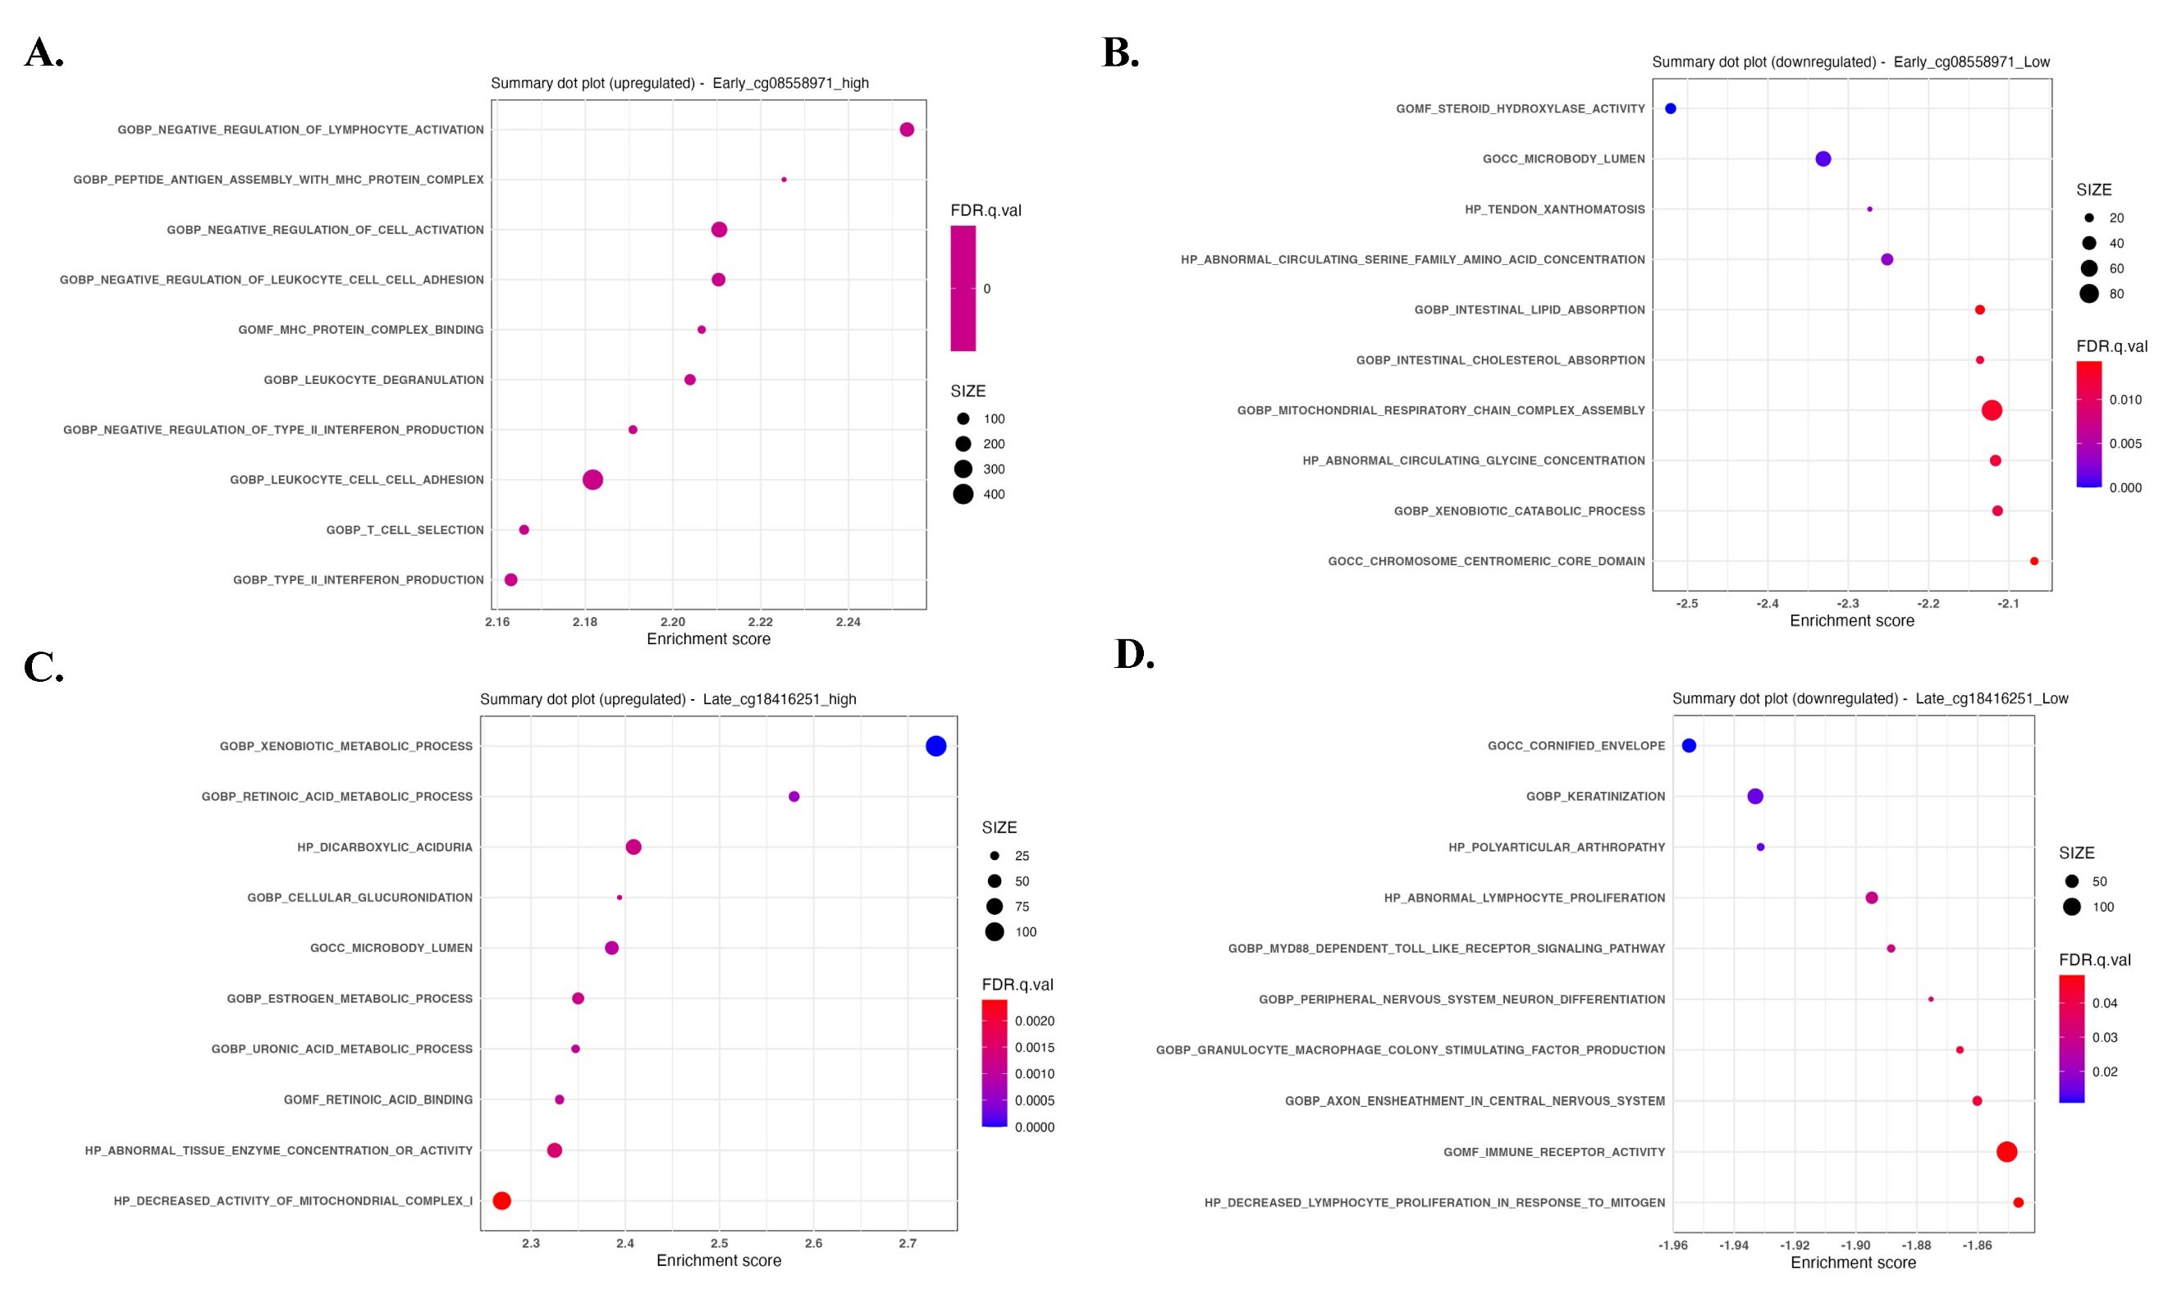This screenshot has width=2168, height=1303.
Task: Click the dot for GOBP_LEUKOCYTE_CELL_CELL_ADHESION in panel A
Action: (x=592, y=479)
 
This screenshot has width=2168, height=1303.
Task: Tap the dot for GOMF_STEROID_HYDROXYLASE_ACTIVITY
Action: (x=1670, y=109)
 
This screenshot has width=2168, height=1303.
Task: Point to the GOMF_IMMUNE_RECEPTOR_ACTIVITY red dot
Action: (x=2006, y=1152)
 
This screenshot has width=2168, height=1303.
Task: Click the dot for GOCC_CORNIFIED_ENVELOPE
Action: (x=1689, y=745)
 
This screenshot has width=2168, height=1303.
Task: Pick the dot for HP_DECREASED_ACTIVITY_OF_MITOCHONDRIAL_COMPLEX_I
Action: (x=501, y=1200)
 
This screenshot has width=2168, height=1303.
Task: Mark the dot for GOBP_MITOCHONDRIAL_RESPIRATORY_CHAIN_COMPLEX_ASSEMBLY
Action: (x=1992, y=410)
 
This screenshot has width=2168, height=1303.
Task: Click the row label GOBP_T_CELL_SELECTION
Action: (x=405, y=530)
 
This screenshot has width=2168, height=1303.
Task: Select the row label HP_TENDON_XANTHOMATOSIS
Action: (x=1554, y=210)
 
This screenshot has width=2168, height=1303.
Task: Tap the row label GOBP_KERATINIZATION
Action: (x=1594, y=797)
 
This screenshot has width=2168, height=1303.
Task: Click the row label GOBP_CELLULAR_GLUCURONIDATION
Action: (x=359, y=898)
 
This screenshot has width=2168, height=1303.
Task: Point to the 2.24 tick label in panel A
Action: (x=848, y=623)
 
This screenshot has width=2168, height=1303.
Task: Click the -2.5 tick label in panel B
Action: (x=1687, y=604)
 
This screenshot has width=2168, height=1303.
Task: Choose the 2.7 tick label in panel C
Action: (x=907, y=1243)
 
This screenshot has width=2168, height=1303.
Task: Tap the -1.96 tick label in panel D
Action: (x=1672, y=1245)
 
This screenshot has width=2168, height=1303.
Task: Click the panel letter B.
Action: (x=1119, y=53)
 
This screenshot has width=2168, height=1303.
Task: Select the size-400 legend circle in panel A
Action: (x=963, y=494)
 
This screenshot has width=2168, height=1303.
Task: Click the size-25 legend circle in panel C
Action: (x=994, y=856)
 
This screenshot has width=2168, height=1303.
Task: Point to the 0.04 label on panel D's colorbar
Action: (x=2105, y=1003)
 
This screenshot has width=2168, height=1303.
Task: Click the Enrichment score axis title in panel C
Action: (x=718, y=1261)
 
